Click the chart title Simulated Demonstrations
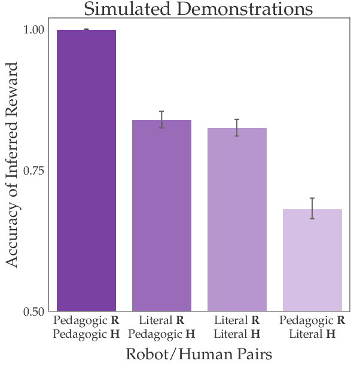[x=198, y=9]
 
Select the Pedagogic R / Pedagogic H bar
[x=86, y=170]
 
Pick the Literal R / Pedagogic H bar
[x=161, y=215]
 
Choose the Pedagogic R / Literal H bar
[x=312, y=260]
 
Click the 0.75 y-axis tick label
[x=35, y=171]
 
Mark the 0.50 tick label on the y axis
[x=35, y=311]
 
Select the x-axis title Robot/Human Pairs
[x=199, y=354]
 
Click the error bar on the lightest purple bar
[x=312, y=208]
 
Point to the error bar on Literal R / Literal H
[x=237, y=127]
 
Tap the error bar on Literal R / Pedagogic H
[x=161, y=120]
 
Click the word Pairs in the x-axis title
[x=254, y=354]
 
